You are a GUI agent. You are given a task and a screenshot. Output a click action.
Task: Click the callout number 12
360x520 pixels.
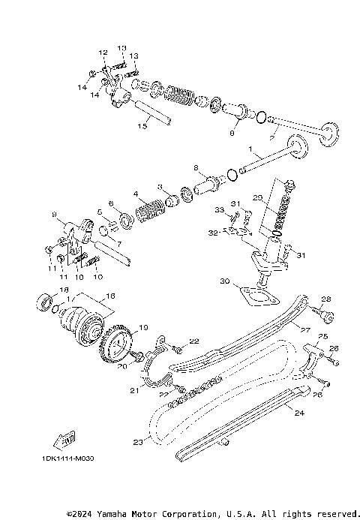click(103, 53)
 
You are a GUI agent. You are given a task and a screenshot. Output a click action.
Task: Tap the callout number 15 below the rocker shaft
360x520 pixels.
click(142, 127)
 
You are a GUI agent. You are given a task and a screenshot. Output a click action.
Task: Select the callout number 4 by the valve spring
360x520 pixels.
click(136, 194)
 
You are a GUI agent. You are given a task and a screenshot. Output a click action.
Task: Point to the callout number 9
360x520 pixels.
click(53, 215)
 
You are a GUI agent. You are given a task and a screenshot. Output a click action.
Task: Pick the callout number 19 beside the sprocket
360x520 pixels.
click(143, 327)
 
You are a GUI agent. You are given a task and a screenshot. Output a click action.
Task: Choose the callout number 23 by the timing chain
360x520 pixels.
click(136, 442)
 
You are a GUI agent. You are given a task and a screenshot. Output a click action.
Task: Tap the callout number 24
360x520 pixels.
click(299, 412)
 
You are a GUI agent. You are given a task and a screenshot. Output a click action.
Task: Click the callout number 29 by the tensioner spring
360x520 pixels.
click(256, 197)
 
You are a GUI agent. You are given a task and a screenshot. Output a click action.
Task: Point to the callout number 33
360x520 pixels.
click(220, 209)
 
